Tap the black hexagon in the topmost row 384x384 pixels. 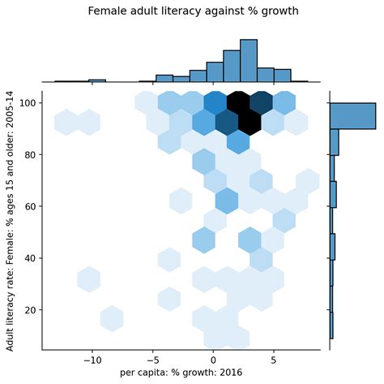238,103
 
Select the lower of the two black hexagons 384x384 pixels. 250,123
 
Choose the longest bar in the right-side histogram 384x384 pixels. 353,116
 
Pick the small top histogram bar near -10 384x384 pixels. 97,81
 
